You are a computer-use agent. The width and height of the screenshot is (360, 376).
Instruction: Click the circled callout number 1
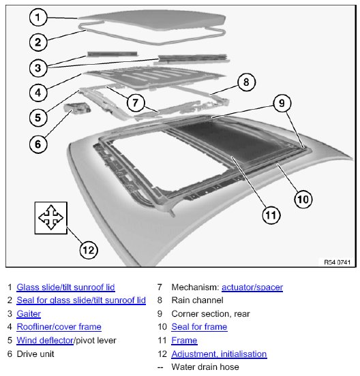38,17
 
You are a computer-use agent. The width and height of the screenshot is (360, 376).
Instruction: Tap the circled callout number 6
38,144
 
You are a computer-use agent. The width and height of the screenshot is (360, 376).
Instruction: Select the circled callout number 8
247,82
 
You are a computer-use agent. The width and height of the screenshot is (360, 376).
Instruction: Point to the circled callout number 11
271,215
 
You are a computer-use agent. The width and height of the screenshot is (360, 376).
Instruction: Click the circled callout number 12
89,250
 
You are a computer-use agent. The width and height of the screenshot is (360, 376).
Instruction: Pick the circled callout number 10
303,200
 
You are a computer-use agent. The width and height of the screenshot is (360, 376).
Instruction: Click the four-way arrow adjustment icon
51,218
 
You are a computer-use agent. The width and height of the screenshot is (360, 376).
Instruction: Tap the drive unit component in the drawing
77,108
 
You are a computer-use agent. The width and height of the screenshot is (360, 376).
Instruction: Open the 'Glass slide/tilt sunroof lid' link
65,287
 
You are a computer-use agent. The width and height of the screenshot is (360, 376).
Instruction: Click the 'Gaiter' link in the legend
29,313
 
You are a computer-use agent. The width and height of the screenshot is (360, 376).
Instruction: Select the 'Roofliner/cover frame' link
59,326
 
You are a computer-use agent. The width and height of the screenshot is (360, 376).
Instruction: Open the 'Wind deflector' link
45,341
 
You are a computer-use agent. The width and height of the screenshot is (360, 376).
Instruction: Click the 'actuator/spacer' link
252,287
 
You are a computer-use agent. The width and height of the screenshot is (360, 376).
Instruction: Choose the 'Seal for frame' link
199,326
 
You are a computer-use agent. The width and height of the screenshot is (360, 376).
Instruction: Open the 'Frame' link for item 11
184,341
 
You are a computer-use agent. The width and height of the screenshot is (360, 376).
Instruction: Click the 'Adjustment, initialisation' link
219,354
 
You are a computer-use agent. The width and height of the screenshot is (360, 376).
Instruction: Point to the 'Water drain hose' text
205,366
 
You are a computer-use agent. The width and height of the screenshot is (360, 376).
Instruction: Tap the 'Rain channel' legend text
197,300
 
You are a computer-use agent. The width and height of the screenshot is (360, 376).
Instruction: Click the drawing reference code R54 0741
337,262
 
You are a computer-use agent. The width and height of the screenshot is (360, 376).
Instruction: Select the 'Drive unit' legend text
35,354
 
